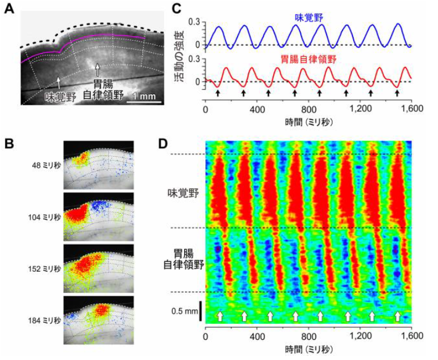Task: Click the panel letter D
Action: (162, 140)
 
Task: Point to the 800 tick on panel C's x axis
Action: (308, 107)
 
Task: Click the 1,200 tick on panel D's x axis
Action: (359, 336)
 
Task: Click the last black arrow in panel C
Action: (397, 92)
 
